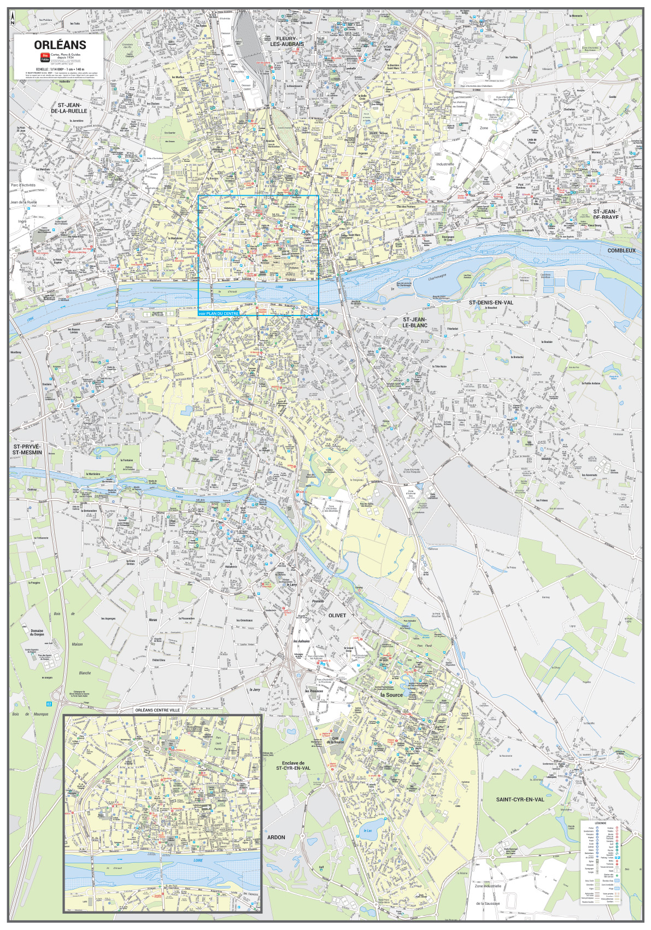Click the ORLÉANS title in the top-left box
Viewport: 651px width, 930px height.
[x=60, y=45]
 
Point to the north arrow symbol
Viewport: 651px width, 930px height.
[x=13, y=19]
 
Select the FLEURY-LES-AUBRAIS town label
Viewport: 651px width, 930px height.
[x=287, y=41]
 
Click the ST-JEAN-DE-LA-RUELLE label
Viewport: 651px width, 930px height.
[x=69, y=108]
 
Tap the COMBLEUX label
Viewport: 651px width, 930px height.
[x=621, y=250]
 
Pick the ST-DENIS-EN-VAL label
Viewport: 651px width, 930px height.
[x=491, y=302]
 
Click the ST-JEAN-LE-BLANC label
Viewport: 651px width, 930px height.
[x=415, y=322]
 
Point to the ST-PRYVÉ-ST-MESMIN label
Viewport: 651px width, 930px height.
[x=27, y=449]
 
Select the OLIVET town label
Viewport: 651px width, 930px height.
[x=337, y=615]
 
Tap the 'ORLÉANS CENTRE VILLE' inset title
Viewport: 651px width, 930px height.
[x=157, y=710]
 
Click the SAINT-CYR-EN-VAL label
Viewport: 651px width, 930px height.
[x=520, y=799]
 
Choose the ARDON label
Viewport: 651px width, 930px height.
[x=276, y=837]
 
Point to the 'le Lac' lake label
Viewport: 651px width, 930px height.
[x=368, y=830]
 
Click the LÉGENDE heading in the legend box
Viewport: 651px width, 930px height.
[x=600, y=823]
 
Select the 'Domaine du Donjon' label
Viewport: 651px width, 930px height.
[x=37, y=633]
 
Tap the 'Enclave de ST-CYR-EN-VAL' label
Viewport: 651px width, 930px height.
[x=293, y=765]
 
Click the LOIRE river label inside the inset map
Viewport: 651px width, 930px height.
[x=198, y=860]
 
